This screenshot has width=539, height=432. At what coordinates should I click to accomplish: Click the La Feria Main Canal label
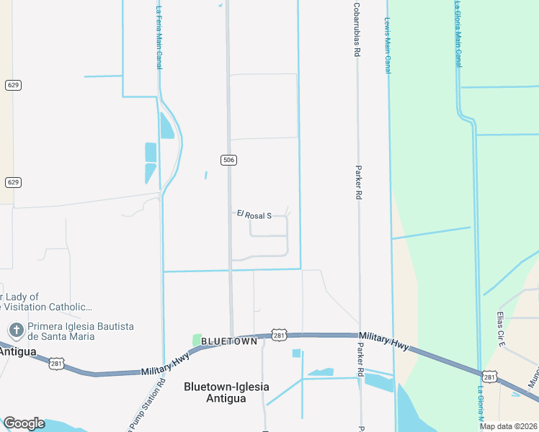click(159, 37)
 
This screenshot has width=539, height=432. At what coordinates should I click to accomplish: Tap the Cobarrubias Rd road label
click(356, 30)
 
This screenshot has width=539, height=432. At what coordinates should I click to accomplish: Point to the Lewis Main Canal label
click(388, 45)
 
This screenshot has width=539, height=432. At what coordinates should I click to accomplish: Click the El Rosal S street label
click(254, 215)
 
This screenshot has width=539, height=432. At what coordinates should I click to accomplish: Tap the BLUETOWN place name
click(229, 341)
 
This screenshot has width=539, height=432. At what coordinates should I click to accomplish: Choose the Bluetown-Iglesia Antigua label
click(227, 392)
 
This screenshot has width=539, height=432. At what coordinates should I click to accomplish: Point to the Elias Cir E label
click(499, 328)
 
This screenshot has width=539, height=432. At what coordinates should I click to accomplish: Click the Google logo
click(24, 423)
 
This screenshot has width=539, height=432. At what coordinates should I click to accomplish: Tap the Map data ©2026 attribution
click(508, 426)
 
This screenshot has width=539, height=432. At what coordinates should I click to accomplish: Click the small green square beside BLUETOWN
click(197, 340)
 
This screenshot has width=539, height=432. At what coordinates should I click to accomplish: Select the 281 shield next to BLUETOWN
click(279, 335)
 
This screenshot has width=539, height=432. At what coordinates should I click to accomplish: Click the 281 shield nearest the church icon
click(56, 364)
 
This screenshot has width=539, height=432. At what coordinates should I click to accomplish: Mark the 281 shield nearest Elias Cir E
click(489, 377)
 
